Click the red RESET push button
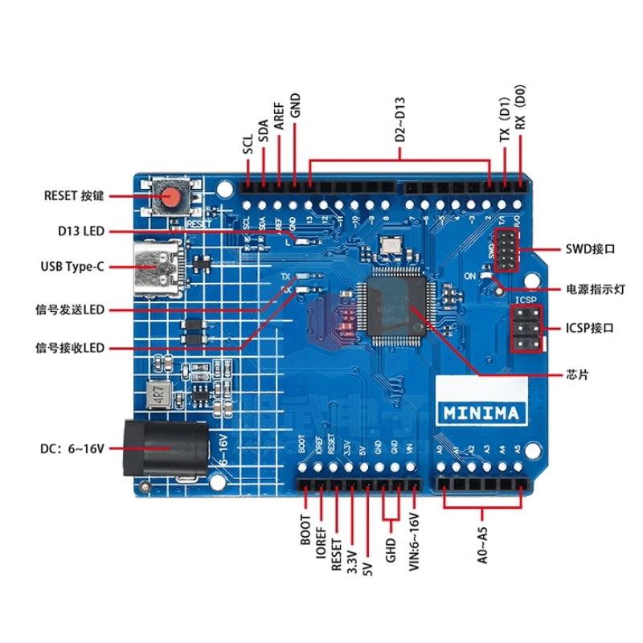pyautogui.click(x=170, y=196)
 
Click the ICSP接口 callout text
pyautogui.click(x=592, y=329)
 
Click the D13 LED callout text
pyautogui.click(x=81, y=231)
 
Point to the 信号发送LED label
pyautogui.click(x=71, y=309)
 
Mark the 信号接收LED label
pyautogui.click(x=71, y=348)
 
